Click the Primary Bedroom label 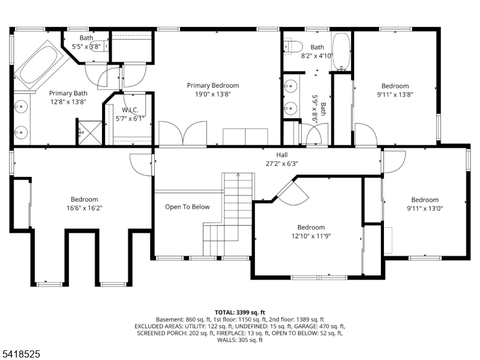coord(212,86)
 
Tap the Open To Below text coord(187,207)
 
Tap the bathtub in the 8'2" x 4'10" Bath coord(341,52)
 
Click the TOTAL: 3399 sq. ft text coord(240,313)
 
